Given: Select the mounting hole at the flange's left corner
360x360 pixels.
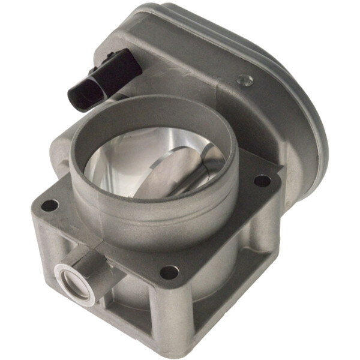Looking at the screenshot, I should [x=50, y=206].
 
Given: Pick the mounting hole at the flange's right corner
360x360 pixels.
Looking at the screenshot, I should [x=262, y=179].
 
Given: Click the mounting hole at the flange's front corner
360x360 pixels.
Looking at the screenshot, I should [x=169, y=272].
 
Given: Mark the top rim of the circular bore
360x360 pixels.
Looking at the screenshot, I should [x=150, y=102].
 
